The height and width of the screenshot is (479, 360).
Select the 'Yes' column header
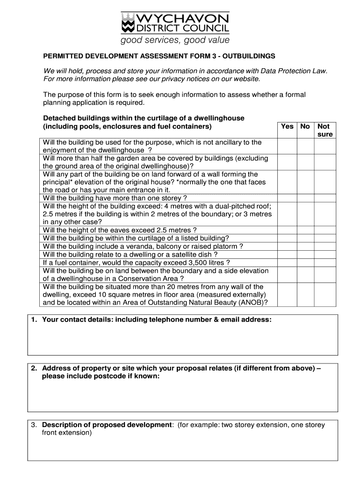[287, 126]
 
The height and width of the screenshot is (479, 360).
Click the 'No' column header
[305, 126]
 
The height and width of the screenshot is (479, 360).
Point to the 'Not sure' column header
[324, 130]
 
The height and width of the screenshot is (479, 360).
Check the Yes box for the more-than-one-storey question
[287, 198]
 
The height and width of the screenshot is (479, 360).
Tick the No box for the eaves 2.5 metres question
[305, 230]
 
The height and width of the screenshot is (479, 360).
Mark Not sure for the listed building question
[324, 238]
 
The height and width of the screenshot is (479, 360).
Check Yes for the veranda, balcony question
[287, 246]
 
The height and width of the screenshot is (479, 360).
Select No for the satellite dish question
[305, 254]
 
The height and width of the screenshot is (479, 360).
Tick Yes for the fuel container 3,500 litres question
[287, 262]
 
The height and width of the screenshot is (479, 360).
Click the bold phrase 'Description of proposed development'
[107, 425]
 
